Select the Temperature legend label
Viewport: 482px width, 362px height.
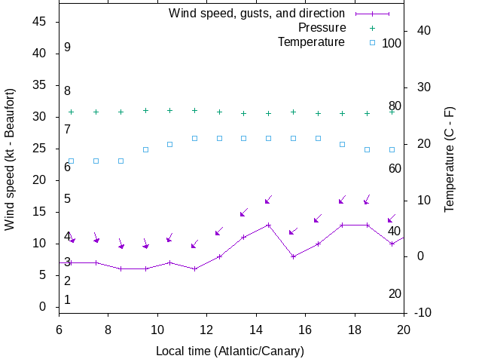point(311,41)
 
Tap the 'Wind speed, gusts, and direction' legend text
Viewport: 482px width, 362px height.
point(257,14)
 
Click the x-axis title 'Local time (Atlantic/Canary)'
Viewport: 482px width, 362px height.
point(230,351)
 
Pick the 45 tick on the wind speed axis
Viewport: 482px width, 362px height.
point(41,22)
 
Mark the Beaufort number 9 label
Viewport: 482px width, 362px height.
point(67,48)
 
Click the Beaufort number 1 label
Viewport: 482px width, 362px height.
point(67,299)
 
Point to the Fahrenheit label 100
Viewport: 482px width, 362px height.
point(392,43)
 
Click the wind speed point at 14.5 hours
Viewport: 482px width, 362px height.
point(268,225)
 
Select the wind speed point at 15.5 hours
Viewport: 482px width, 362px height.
point(293,256)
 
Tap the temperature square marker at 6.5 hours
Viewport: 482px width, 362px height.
point(72,161)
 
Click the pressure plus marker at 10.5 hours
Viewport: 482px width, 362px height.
point(169,110)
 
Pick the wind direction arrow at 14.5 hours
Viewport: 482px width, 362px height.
point(267,200)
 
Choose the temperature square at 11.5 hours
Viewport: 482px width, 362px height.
point(194,138)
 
